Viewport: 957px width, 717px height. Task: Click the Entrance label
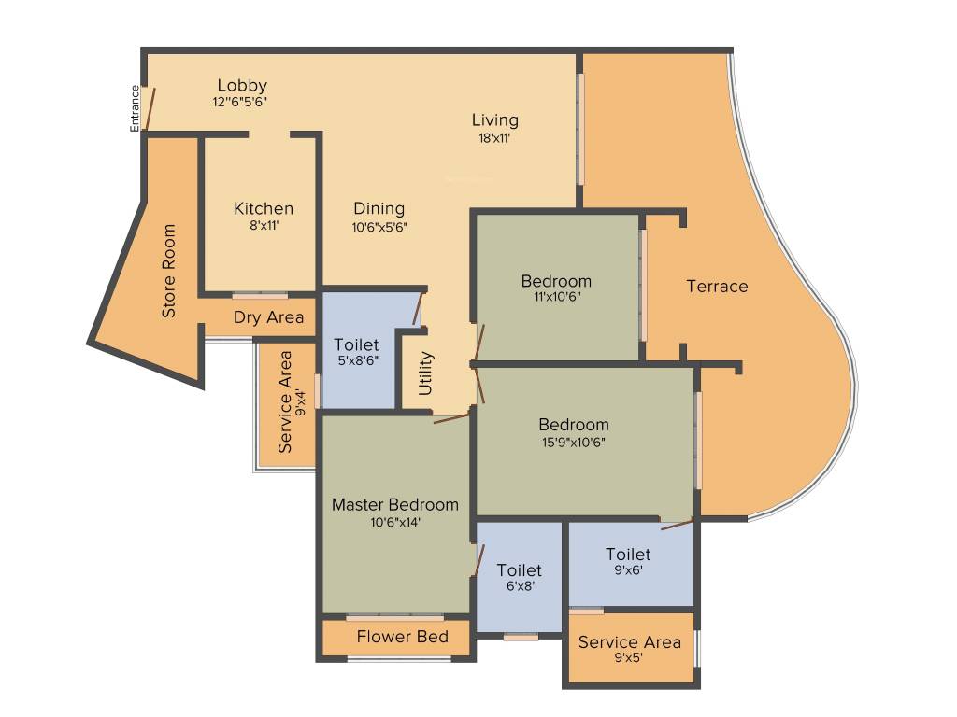coord(135,108)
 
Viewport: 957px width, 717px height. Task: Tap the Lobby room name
coord(242,85)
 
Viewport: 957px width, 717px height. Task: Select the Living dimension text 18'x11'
coord(494,137)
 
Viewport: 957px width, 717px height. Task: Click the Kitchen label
coord(264,208)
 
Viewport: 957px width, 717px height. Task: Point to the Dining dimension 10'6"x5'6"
coord(379,226)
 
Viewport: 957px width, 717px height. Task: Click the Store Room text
coord(169,271)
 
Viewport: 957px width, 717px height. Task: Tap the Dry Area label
coord(268,317)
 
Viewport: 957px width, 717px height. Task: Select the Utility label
coord(426,373)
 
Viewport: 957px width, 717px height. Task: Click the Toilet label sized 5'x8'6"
coord(356,345)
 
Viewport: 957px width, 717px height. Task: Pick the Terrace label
coord(717,287)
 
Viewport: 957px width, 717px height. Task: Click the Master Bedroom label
coord(395,505)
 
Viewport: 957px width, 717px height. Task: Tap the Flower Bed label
coord(402,637)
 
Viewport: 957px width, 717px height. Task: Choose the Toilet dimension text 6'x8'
coord(519,587)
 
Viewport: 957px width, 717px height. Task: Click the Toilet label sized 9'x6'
coord(628,555)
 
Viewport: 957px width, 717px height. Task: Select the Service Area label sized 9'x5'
coord(629,642)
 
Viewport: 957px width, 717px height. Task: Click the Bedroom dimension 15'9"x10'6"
coord(573,443)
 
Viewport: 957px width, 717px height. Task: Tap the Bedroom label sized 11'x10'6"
coord(556,281)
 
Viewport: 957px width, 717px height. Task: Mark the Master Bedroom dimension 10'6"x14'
coord(395,523)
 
